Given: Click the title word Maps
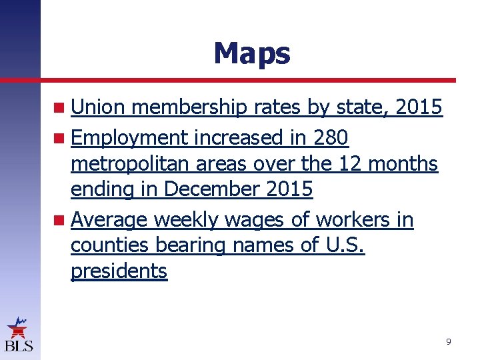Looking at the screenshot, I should [x=251, y=53].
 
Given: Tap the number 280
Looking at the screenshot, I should [x=331, y=138].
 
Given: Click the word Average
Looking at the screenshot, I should [x=109, y=220].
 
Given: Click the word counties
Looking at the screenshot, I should [x=110, y=245].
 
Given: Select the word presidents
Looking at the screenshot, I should [x=119, y=271].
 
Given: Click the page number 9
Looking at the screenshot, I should [x=448, y=342].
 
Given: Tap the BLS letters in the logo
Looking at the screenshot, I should [x=19, y=345].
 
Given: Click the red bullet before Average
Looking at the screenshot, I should [x=60, y=220].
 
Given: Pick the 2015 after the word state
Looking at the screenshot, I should [x=418, y=107].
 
